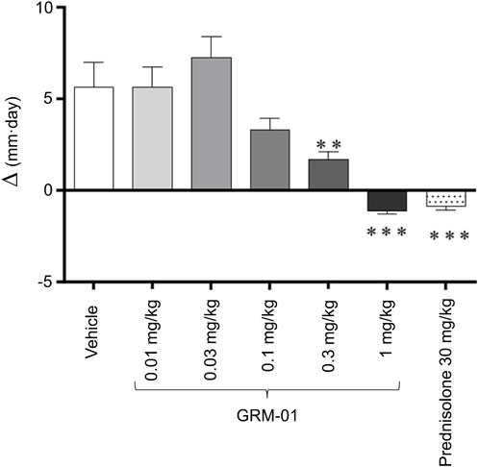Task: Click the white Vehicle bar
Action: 93,138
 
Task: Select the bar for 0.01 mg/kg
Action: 152,138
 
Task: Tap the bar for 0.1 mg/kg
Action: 270,160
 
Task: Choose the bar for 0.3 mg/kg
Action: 329,174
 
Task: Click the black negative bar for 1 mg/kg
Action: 388,200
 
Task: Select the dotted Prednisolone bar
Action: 446,198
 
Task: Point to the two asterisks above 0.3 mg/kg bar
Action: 329,145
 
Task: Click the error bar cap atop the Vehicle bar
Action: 93,62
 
